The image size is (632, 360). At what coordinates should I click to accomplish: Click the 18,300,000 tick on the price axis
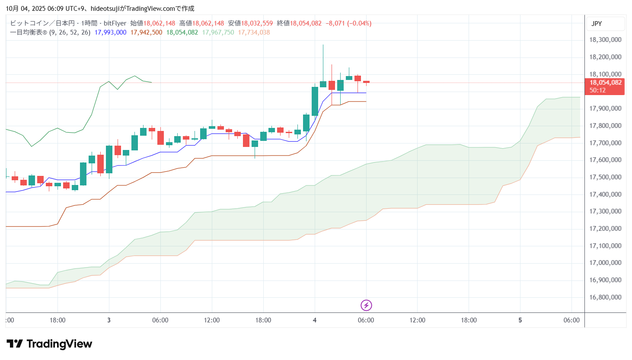(605, 40)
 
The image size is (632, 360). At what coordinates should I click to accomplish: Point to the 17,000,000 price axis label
(605, 263)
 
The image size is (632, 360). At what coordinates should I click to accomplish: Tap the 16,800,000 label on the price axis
(605, 297)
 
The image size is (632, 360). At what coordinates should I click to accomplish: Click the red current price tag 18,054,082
(605, 83)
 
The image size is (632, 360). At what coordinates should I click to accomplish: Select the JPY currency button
(597, 24)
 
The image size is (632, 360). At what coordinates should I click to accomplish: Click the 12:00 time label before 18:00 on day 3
(212, 320)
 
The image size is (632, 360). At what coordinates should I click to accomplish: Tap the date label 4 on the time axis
(315, 320)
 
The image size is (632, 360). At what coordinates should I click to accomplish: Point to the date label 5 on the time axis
(520, 320)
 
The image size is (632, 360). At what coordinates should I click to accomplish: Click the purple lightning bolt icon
(366, 306)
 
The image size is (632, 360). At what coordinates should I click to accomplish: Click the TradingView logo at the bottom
(49, 344)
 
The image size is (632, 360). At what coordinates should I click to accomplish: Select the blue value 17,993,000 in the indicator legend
(110, 32)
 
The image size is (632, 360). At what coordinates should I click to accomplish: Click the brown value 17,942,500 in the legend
(146, 32)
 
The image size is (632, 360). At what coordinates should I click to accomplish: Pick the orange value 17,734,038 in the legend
(254, 32)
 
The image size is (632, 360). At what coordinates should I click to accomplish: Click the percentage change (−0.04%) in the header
(359, 23)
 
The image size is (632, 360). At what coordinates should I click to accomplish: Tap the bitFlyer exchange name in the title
(115, 23)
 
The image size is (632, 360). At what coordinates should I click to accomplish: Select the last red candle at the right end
(366, 82)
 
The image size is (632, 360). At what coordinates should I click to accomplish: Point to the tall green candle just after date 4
(315, 101)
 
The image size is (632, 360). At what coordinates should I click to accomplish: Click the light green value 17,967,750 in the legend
(218, 32)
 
